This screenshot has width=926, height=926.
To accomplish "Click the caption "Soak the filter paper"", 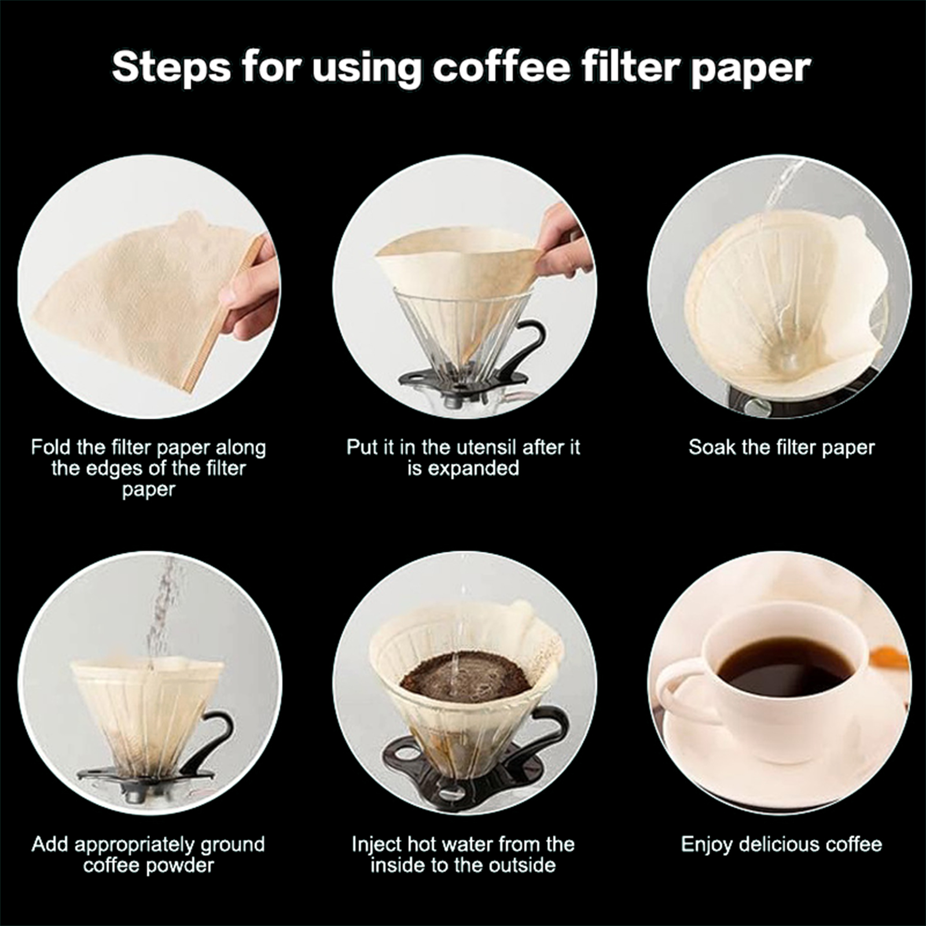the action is point(781,447).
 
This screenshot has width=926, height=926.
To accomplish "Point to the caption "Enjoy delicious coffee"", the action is point(781,844).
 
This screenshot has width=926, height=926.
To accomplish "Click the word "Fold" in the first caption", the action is point(52,447).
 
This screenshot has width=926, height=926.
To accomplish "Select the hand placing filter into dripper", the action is point(564,243).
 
